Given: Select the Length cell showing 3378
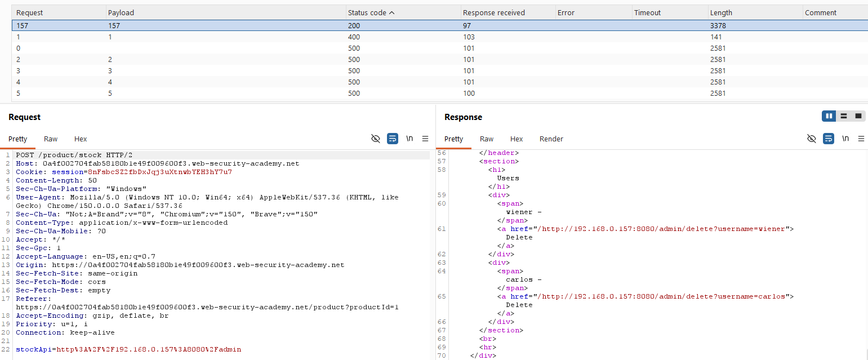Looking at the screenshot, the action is point(718,25).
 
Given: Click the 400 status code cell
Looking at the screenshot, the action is point(354,37).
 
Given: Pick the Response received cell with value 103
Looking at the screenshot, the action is point(469,37).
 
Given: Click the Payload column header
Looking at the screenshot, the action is point(121,13).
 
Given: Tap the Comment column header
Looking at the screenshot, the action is point(820,13).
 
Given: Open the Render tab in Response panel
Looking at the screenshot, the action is point(551,139).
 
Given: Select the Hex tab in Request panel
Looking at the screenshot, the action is point(81,139).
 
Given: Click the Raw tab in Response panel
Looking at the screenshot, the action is point(486,139).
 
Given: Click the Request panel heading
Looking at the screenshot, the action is point(24,117).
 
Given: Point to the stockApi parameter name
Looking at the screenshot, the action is point(34,349).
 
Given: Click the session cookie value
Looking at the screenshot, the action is point(160,172).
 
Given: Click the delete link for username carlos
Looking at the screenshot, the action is point(663,296).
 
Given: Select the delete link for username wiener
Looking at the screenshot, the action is point(663,229).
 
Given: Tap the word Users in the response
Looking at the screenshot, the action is point(508,178).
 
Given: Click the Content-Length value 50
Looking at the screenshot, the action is point(92,181).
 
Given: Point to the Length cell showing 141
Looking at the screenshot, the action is point(716,37).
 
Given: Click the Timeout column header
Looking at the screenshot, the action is point(647,13).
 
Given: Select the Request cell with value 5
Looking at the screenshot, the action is point(18,94).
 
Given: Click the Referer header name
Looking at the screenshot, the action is point(33,299).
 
